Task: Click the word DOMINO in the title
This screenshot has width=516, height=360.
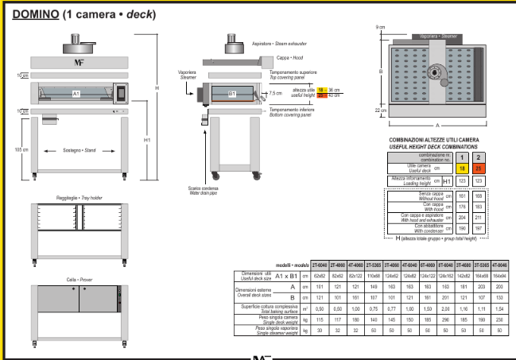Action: click(x=38, y=16)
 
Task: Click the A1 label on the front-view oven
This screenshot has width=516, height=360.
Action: click(x=76, y=93)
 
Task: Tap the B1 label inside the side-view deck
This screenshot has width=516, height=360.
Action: click(x=232, y=93)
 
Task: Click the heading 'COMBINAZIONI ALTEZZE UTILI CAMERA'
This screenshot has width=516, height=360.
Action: click(x=433, y=140)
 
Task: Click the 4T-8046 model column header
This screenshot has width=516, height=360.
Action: click(x=499, y=265)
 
